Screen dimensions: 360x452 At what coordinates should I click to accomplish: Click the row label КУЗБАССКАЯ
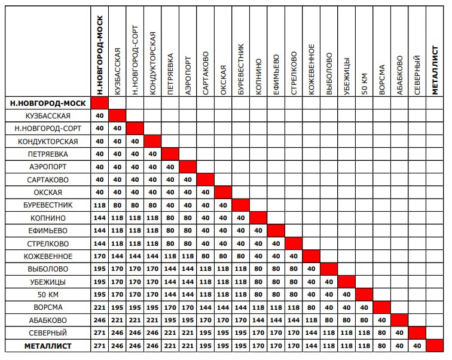(x=48, y=115)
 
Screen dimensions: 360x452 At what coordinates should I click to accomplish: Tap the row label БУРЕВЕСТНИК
(x=48, y=205)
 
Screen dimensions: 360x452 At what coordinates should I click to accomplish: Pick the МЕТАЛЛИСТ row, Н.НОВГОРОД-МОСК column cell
(x=99, y=346)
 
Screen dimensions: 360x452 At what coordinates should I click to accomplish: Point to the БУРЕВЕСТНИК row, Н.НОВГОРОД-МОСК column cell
(x=99, y=205)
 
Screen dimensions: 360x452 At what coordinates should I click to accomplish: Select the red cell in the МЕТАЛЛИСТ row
(x=435, y=346)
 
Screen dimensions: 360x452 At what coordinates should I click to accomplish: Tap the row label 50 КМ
(x=48, y=294)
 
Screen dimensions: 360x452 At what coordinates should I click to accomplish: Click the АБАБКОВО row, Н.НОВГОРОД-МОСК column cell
(x=99, y=320)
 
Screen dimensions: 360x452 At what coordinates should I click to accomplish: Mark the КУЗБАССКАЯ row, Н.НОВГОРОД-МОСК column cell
(x=99, y=115)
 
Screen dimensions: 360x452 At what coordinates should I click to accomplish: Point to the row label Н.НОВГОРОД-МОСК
(x=48, y=103)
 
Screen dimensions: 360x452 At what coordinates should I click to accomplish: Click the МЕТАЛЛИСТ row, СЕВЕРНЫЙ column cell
(x=417, y=346)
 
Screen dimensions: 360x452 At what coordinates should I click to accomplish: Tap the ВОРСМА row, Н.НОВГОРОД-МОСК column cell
(x=99, y=307)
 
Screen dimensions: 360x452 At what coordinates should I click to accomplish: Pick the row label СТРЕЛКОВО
(x=48, y=243)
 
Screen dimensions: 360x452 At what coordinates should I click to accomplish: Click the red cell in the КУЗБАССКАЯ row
(x=117, y=115)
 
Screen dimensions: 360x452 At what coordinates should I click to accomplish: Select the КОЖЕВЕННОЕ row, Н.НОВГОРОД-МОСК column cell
(x=99, y=256)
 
